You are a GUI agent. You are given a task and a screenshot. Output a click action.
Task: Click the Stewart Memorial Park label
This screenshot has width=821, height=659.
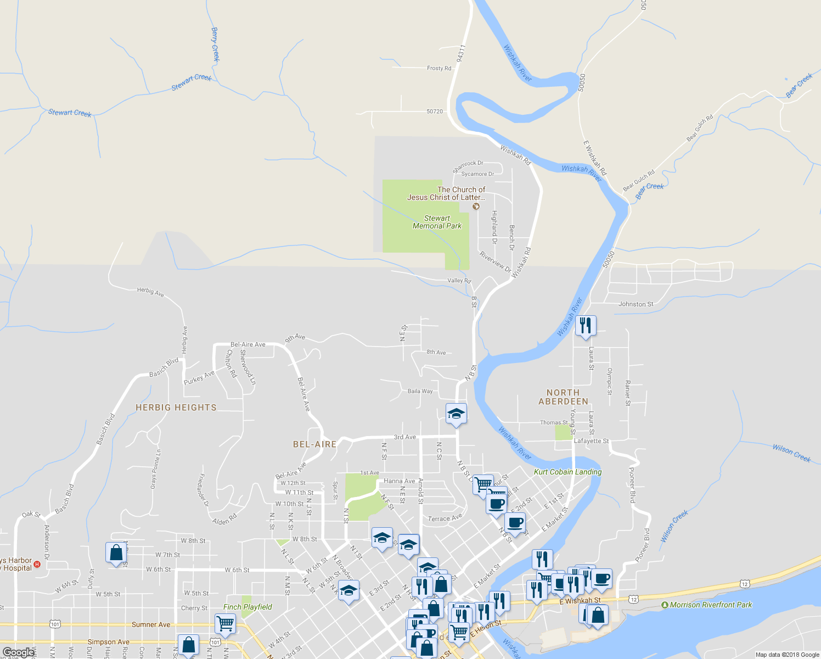[x=437, y=222]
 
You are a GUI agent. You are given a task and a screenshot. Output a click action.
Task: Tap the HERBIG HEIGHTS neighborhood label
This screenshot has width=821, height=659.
[x=176, y=407]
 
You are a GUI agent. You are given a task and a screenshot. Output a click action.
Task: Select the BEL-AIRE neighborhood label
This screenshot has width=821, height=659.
[x=314, y=444]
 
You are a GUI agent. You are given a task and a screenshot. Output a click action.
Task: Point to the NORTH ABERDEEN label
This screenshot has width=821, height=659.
[x=563, y=397]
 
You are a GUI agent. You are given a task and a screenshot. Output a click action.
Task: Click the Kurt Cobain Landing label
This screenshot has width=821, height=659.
[x=567, y=472]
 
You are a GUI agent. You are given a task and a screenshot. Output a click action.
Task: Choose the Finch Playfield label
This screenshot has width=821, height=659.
[x=248, y=607]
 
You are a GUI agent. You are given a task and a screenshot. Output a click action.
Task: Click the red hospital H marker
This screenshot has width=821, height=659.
[x=37, y=564]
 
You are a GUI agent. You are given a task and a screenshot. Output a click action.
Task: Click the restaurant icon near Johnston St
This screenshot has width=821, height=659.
[x=586, y=326]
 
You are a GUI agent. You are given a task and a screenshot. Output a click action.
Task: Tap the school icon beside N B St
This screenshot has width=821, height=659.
[x=456, y=414]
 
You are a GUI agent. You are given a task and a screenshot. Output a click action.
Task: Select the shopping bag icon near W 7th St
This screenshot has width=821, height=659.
[x=116, y=553]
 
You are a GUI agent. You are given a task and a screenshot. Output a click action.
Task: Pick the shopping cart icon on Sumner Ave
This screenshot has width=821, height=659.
[x=225, y=624]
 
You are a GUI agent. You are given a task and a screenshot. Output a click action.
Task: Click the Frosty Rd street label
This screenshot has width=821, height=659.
[x=439, y=68]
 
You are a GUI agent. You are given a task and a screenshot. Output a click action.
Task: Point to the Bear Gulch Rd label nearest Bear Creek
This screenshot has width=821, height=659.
[x=638, y=181]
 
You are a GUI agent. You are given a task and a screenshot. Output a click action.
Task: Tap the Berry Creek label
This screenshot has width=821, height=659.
[x=215, y=44]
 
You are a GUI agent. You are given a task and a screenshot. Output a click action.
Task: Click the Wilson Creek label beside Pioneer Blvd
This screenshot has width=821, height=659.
[x=674, y=526]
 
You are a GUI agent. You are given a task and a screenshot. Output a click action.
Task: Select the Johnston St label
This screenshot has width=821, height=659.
[x=636, y=304]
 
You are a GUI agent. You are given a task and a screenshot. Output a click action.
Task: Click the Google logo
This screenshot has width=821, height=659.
[x=18, y=653]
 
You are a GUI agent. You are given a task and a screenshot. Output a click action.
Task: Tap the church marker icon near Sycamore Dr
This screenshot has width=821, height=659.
[x=476, y=206]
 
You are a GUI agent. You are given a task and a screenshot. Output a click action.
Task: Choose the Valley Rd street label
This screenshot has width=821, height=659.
[x=459, y=281]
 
